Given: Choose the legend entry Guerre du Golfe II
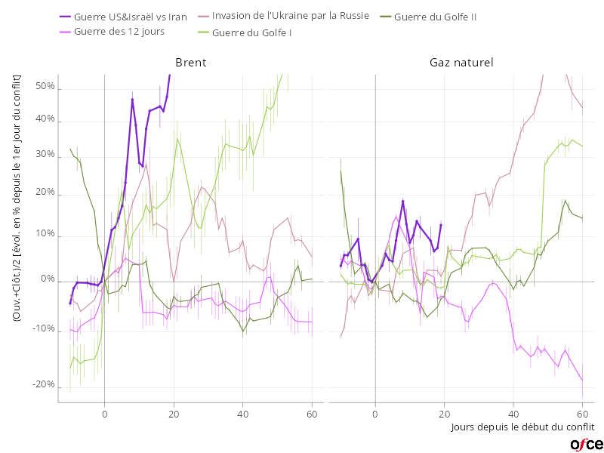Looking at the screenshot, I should [435, 17].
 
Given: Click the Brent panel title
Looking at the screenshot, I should [190, 63].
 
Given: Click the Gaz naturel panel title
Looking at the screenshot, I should [461, 63].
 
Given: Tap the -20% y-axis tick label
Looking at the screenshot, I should [44, 385].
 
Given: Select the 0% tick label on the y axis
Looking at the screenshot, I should [48, 279].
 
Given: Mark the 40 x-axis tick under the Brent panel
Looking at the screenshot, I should [243, 413].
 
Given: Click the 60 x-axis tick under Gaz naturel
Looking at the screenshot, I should [583, 413].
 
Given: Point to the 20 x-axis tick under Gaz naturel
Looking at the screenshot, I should [445, 413].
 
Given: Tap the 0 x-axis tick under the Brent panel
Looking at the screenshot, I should [104, 413].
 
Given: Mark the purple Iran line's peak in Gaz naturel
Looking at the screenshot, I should [403, 201].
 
